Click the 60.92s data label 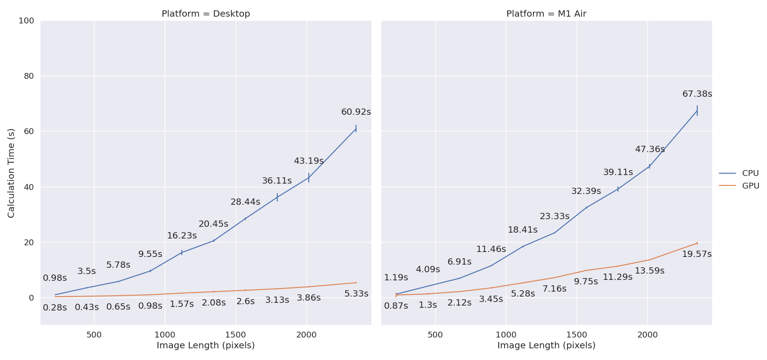356,112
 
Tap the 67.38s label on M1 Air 697,94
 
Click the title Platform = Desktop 206,14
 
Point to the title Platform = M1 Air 546,14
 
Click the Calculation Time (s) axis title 11,173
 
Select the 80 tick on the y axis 29,76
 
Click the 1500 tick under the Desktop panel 235,335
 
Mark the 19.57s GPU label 696,254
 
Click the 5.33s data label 356,294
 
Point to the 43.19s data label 308,161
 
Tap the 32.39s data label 586,191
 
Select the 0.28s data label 55,308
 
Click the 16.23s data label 182,236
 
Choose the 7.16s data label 554,289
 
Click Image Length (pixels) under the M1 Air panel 546,346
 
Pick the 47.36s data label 650,149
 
